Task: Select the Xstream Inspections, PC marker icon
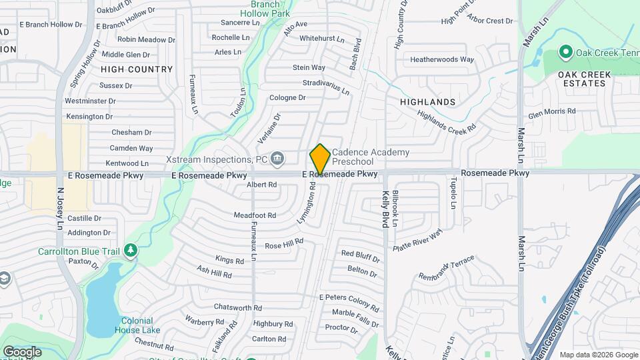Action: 278,159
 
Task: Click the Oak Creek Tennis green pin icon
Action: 566,51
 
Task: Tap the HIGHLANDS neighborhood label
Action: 427,102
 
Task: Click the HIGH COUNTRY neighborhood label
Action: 137,69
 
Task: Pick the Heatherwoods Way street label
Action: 442,59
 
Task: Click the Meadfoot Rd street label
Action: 255,215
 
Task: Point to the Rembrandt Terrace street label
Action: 446,267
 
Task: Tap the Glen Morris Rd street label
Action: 551,112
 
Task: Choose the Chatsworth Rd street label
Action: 237,307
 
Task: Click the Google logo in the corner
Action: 22,351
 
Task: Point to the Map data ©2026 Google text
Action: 598,355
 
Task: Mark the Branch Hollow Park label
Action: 265,9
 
